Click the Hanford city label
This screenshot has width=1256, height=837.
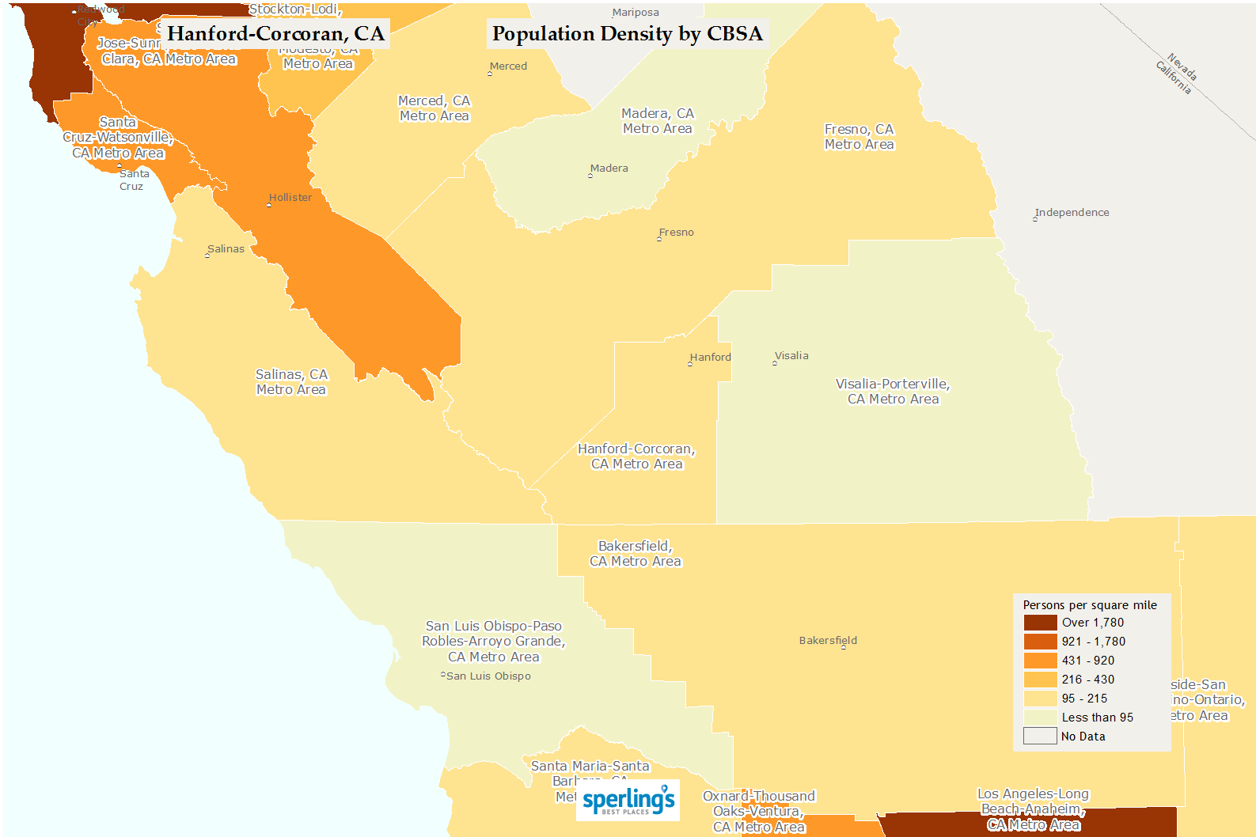(710, 358)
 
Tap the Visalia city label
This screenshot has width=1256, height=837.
(791, 356)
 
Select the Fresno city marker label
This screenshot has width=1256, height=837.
(676, 233)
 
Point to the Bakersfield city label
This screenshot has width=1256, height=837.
(828, 641)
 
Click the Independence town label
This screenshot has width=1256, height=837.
(1072, 213)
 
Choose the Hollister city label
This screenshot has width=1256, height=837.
(290, 198)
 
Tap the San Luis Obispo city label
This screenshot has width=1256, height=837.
(488, 676)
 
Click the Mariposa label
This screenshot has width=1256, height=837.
(636, 13)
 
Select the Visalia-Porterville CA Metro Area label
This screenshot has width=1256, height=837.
(893, 392)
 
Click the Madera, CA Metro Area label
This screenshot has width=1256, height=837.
(657, 121)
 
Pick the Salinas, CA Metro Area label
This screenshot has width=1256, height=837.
(291, 382)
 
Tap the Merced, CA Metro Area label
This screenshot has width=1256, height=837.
(434, 108)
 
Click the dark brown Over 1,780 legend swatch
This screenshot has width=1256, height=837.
(1040, 623)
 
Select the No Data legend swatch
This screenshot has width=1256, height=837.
(1040, 737)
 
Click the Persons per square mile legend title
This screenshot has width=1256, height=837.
(1089, 605)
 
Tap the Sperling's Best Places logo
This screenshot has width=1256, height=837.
(628, 801)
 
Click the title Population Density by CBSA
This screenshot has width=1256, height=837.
(627, 34)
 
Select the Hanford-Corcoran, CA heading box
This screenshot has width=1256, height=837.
(275, 34)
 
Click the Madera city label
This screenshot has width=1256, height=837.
(609, 169)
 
